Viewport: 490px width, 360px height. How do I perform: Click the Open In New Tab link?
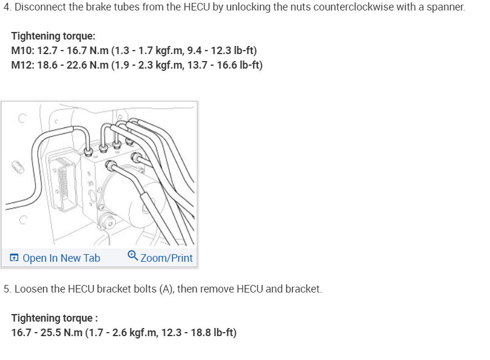tap(61, 258)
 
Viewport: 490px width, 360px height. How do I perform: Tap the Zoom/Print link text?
tap(166, 258)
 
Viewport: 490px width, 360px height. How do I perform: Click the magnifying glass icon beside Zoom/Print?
tap(133, 255)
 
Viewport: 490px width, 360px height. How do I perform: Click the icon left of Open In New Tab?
tap(14, 258)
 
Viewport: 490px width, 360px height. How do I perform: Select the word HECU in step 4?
tap(197, 6)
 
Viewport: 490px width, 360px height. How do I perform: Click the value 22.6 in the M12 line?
tap(76, 65)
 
